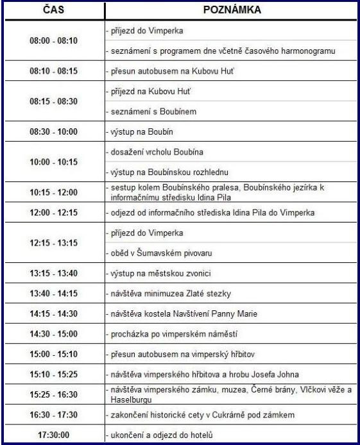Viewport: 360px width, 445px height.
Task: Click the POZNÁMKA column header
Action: pos(228,11)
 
